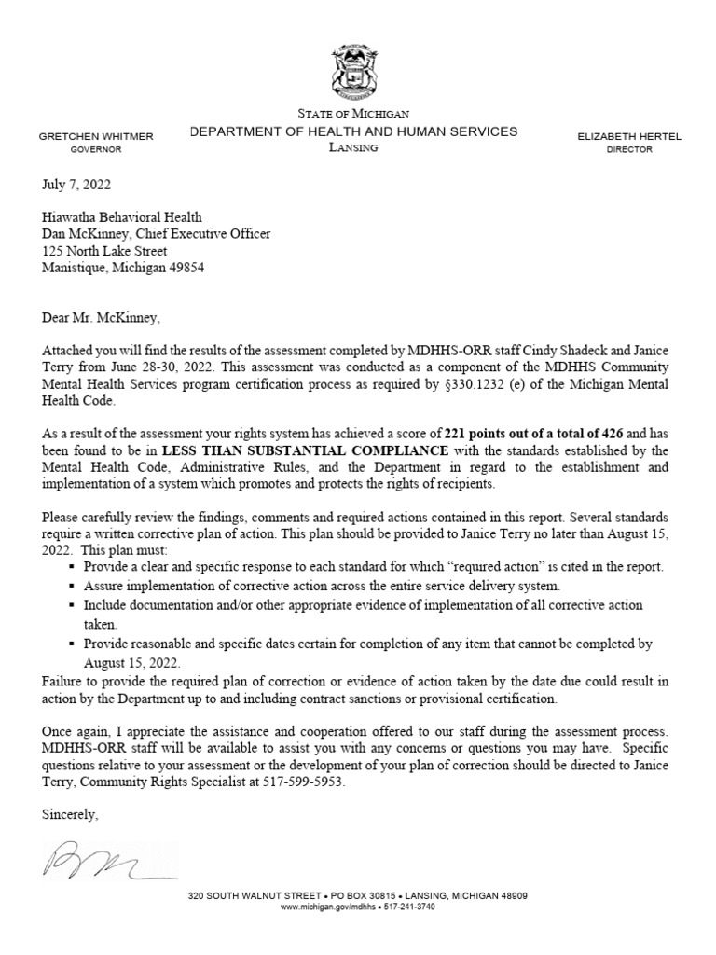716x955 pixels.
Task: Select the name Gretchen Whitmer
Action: tap(96, 136)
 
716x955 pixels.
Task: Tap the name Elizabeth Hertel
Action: tap(629, 136)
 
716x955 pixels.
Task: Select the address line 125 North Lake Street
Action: tap(105, 252)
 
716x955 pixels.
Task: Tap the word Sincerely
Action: tap(70, 814)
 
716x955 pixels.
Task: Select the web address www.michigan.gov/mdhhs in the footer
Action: tap(324, 907)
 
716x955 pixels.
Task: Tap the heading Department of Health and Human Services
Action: tap(353, 131)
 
